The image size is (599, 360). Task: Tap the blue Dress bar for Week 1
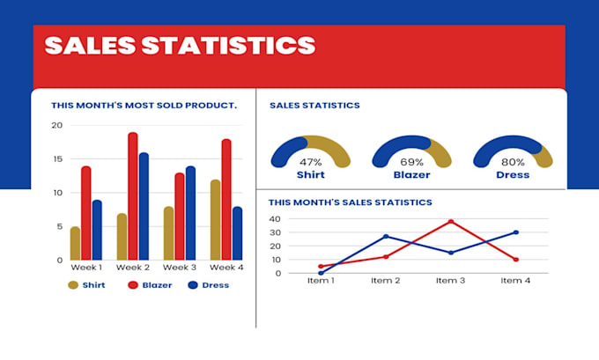[97, 230]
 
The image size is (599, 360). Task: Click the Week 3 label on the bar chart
[179, 267]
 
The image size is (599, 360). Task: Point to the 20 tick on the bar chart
[56, 125]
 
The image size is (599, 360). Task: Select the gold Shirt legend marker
[73, 285]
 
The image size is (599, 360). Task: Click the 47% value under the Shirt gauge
[310, 162]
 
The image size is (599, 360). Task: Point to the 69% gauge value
[411, 162]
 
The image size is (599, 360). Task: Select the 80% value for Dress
[513, 162]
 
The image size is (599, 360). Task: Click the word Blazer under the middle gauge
[411, 174]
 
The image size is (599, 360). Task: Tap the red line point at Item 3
[451, 221]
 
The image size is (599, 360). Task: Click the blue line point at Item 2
[386, 236]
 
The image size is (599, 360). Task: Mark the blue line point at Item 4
[516, 232]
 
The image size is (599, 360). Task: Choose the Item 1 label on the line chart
[321, 280]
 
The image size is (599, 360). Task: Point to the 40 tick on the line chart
[274, 219]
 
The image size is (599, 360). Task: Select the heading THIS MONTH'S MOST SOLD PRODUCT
[144, 105]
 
